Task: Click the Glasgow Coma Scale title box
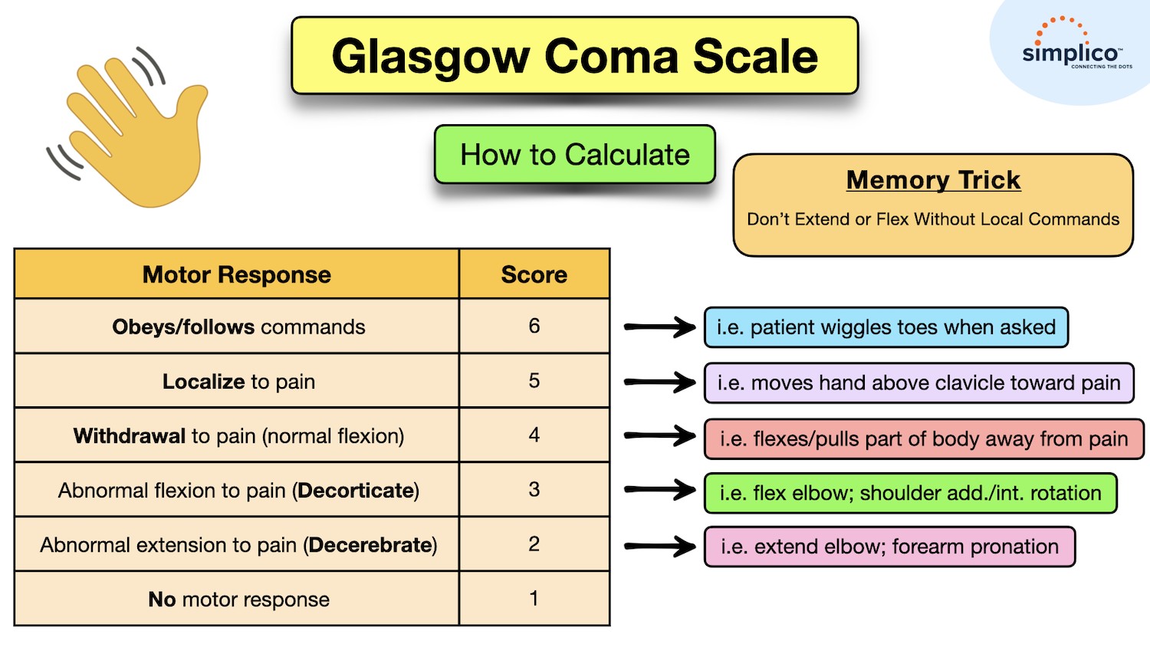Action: tap(574, 56)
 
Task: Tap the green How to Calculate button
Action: tap(574, 155)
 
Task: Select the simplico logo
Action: tap(1072, 52)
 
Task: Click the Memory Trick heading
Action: tap(933, 180)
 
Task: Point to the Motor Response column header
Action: tap(236, 274)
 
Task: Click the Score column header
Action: tap(534, 274)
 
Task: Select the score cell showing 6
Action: tap(534, 327)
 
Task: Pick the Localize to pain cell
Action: tap(238, 381)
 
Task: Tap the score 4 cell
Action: tap(534, 435)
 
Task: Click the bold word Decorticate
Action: tap(356, 491)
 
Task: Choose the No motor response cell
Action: tap(238, 599)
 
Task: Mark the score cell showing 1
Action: tap(534, 599)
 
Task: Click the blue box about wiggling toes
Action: tap(886, 327)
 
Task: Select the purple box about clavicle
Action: tap(918, 383)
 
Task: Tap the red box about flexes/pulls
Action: tap(923, 438)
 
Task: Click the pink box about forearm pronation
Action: tap(889, 547)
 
